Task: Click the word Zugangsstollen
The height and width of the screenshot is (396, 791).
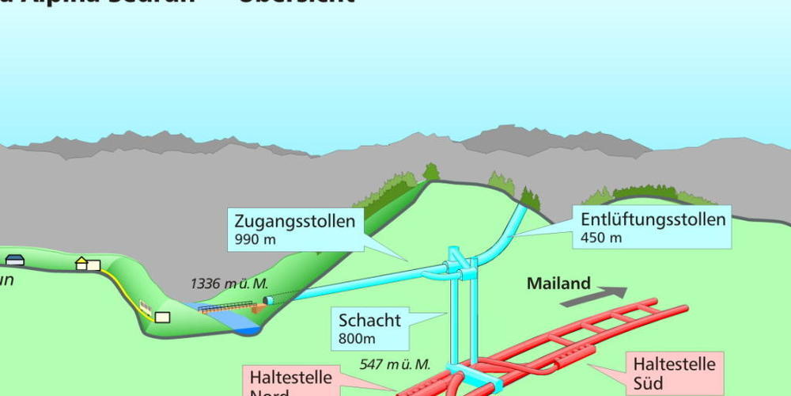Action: pyautogui.click(x=293, y=221)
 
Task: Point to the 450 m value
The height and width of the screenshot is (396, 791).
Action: pyautogui.click(x=601, y=238)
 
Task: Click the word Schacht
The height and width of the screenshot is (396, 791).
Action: pyautogui.click(x=369, y=321)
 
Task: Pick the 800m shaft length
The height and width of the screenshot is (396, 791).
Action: pyautogui.click(x=358, y=339)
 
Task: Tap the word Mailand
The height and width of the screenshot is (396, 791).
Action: pyautogui.click(x=559, y=283)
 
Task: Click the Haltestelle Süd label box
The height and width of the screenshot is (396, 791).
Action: pyautogui.click(x=674, y=374)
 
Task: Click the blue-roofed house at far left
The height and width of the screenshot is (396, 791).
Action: pyautogui.click(x=14, y=260)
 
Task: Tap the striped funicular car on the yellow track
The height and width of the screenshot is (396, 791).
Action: pyautogui.click(x=145, y=307)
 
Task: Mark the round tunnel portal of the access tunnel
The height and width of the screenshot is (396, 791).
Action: pyautogui.click(x=269, y=301)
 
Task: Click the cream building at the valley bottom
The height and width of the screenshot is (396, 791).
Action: pyautogui.click(x=163, y=317)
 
